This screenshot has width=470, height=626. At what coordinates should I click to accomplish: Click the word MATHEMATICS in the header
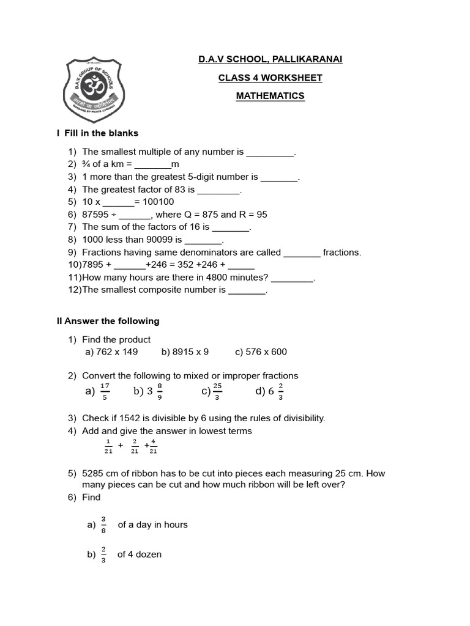270,96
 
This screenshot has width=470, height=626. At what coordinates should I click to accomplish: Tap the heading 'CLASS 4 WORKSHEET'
270,78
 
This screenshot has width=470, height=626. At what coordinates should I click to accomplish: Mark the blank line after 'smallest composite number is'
247,290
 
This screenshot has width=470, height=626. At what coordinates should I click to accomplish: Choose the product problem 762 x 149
111,352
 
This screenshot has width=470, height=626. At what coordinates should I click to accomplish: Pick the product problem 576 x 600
261,352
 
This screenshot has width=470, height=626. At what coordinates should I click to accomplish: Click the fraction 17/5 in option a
105,391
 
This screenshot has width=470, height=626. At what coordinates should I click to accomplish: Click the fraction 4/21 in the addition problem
153,446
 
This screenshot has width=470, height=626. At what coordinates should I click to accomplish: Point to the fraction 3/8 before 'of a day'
103,525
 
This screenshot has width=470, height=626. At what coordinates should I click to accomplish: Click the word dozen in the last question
149,554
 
